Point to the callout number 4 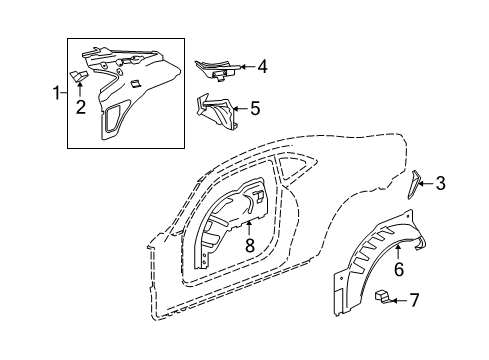(x=262, y=68)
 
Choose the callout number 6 (x=399, y=267)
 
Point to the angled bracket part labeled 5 (x=215, y=110)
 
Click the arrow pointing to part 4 (x=246, y=68)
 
